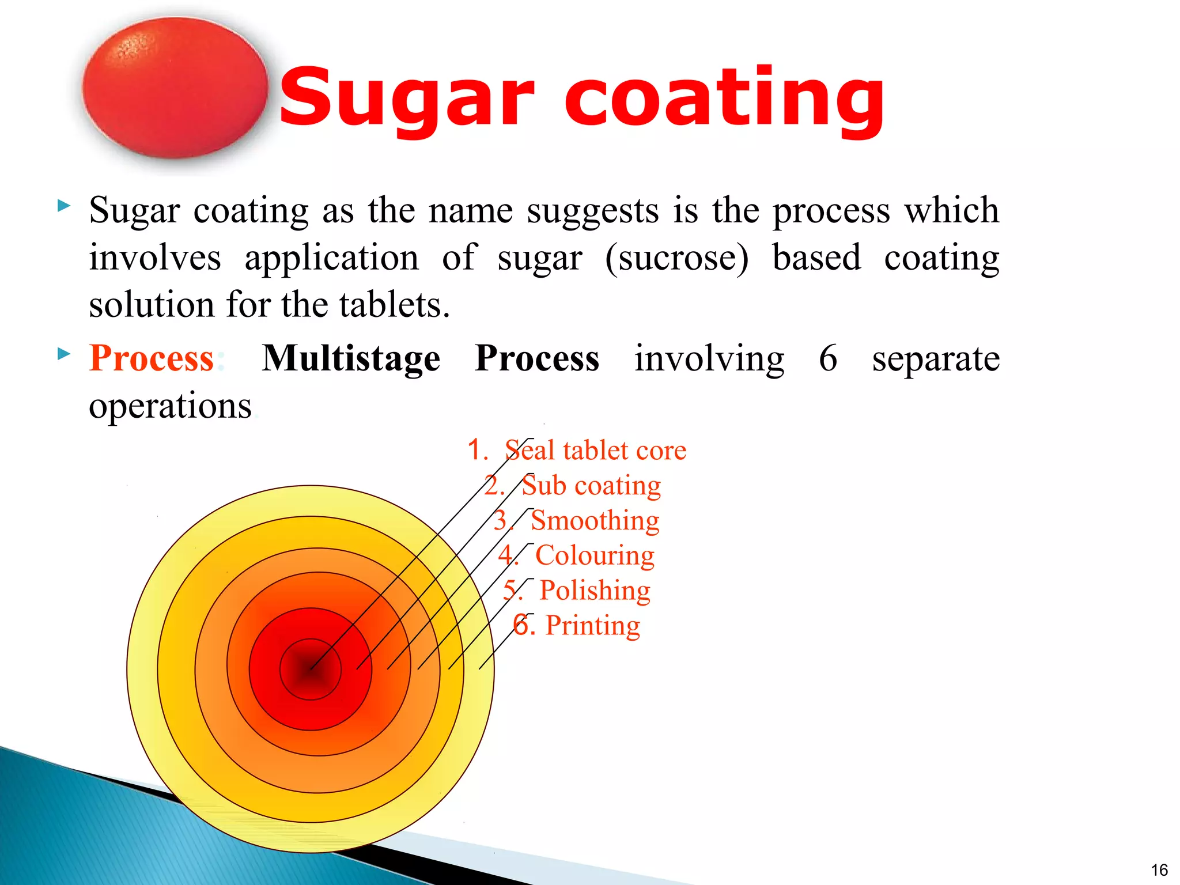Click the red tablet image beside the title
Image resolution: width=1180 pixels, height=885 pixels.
(x=175, y=88)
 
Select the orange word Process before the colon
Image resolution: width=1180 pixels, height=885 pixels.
(x=152, y=358)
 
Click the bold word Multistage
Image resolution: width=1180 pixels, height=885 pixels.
(x=351, y=358)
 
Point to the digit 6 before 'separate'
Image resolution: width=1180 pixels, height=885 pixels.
(x=827, y=358)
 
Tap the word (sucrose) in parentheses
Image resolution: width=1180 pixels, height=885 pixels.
(x=677, y=258)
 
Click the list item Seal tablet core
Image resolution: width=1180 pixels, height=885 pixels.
(x=595, y=450)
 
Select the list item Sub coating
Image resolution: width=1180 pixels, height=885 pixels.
(x=591, y=485)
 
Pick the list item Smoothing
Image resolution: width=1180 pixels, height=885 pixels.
(x=595, y=520)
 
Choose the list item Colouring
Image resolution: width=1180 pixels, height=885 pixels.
(x=595, y=555)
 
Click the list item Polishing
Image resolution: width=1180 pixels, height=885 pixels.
(x=595, y=591)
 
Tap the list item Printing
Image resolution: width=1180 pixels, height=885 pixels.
(x=592, y=626)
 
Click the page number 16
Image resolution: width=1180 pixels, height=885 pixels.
(x=1159, y=869)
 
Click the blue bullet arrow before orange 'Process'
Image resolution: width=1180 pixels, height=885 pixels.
(x=64, y=353)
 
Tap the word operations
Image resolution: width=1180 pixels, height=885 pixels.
(x=171, y=406)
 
